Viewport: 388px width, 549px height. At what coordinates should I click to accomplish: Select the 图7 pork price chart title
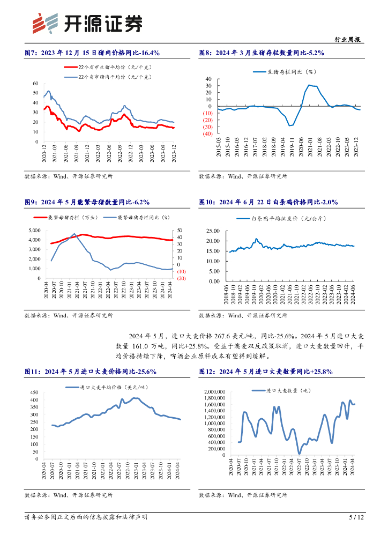[x=92, y=53]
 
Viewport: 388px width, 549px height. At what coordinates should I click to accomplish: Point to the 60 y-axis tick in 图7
[x=35, y=84]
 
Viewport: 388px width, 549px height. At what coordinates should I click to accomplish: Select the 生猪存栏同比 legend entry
[x=292, y=71]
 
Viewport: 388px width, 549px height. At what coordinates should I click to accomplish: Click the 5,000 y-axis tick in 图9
[x=33, y=230]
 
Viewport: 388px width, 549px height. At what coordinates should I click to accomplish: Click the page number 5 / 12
[x=356, y=517]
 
